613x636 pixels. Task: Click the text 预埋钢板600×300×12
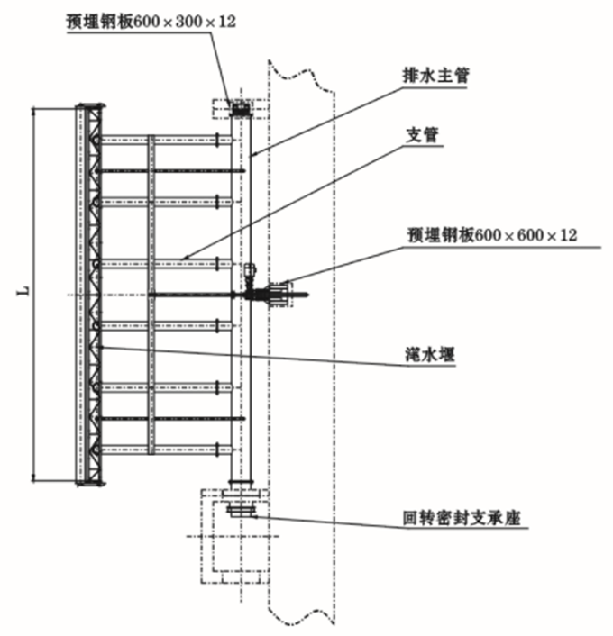click(151, 20)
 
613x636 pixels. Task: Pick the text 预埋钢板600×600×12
click(491, 235)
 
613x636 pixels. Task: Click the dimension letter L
click(26, 290)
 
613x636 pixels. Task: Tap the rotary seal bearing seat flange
click(242, 510)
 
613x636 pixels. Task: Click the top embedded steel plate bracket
click(242, 109)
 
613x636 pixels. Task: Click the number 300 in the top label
click(191, 20)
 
